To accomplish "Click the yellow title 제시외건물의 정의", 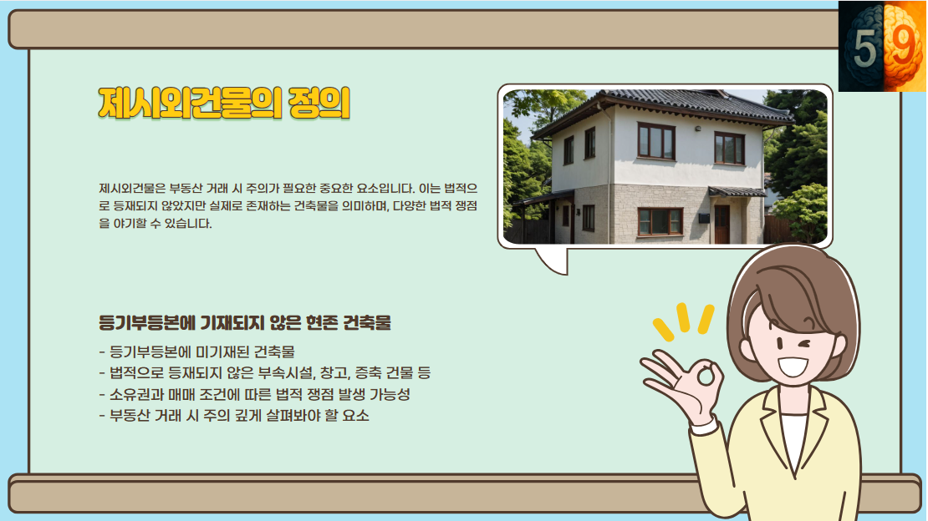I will pyautogui.click(x=223, y=104).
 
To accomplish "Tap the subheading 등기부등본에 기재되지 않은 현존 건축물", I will pyautogui.click(x=245, y=322).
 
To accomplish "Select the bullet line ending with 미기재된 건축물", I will pyautogui.click(x=196, y=352).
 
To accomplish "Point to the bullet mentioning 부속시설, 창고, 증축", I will pyautogui.click(x=264, y=373).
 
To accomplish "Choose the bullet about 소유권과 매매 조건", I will pyautogui.click(x=254, y=394).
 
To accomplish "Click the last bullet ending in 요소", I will pyautogui.click(x=234, y=415).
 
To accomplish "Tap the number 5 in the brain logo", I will pyautogui.click(x=865, y=51).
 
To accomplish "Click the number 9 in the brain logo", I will pyautogui.click(x=902, y=49).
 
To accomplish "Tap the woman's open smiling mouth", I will pyautogui.click(x=793, y=367).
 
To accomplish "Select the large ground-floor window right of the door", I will pyautogui.click(x=660, y=221).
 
